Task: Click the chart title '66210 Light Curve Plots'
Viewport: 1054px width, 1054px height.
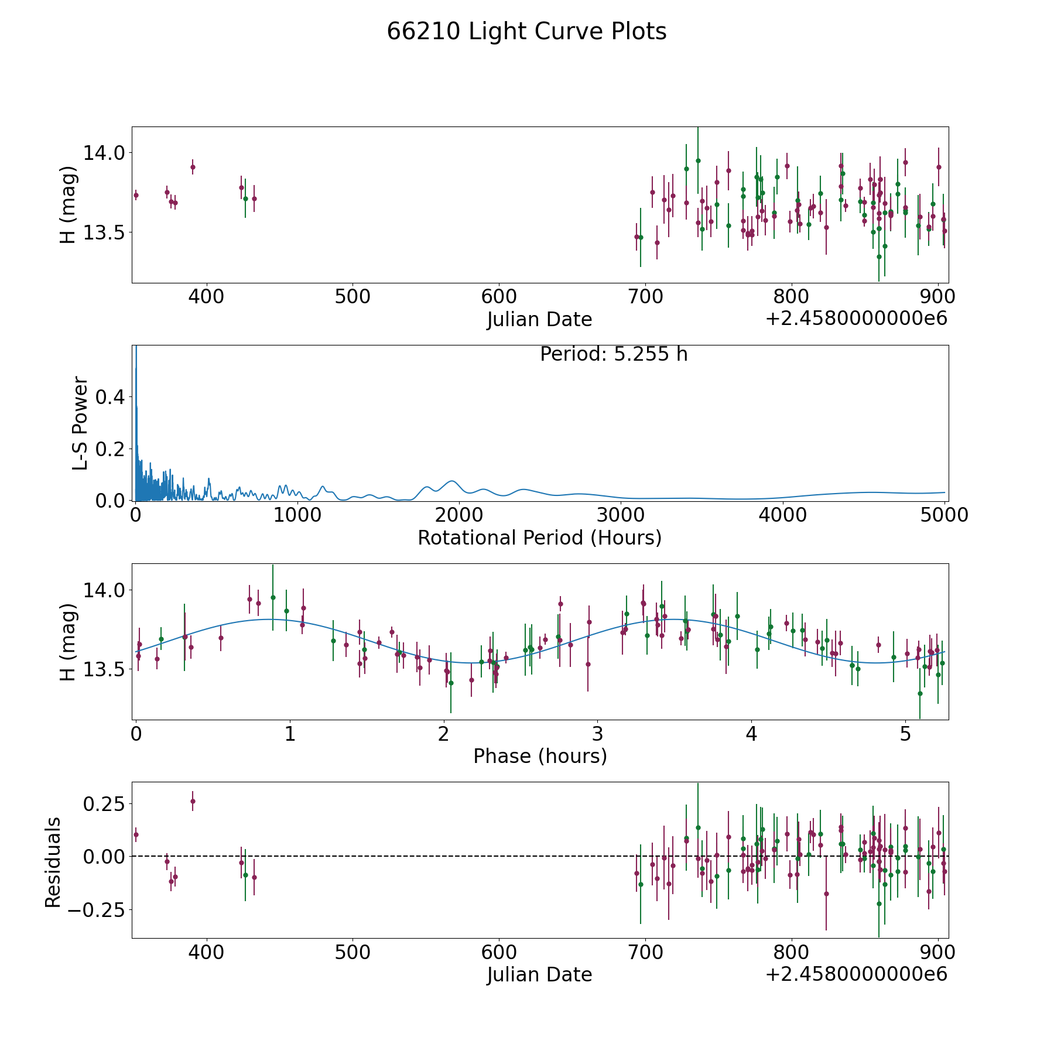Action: (x=526, y=32)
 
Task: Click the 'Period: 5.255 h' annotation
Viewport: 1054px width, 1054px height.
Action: (x=614, y=354)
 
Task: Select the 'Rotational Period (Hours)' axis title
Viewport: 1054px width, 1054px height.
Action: (x=539, y=538)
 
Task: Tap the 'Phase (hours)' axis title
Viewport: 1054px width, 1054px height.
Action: (x=540, y=756)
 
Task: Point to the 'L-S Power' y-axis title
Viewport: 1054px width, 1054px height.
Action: (x=80, y=423)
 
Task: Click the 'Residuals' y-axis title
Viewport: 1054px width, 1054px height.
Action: (x=53, y=863)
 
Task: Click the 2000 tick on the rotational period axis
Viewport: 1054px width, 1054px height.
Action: (x=459, y=515)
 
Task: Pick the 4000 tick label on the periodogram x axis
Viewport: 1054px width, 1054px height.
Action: (x=782, y=515)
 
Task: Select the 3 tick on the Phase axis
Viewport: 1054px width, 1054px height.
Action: (x=597, y=734)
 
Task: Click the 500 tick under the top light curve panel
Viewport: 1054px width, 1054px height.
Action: (x=353, y=296)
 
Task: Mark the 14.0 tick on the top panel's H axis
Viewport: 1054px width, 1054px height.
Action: (x=104, y=153)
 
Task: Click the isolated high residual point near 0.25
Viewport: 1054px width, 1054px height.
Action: (x=193, y=801)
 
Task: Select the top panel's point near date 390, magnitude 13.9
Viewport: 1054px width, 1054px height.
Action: (x=193, y=167)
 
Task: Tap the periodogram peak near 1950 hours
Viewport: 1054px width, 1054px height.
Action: (x=451, y=481)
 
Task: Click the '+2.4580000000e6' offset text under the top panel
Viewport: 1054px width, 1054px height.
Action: (x=856, y=319)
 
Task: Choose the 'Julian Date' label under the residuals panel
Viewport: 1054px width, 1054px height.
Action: (x=539, y=975)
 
